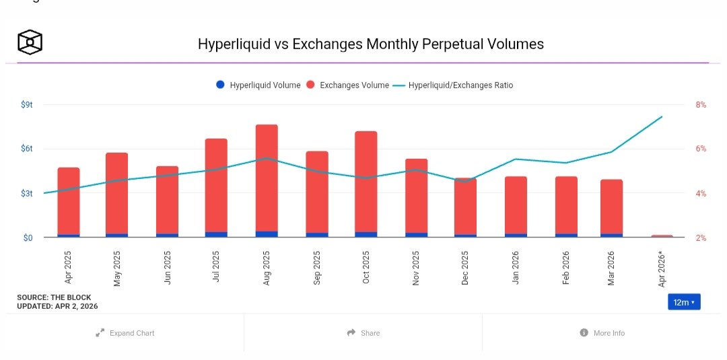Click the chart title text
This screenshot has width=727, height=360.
pos(370,44)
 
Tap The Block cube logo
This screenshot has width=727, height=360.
pos(30,43)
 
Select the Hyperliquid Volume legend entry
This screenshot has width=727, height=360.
pos(258,85)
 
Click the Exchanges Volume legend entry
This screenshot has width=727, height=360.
pos(347,85)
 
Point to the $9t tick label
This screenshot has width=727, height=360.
pos(27,105)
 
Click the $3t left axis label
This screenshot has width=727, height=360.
pos(27,194)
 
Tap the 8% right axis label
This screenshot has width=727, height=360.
pos(701,105)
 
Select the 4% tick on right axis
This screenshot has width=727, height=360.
pos(701,194)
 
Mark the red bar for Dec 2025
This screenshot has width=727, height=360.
pos(465,205)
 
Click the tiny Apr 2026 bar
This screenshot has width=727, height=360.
pos(662,236)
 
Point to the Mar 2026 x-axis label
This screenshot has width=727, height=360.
pos(611,268)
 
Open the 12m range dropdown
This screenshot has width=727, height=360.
pos(684,302)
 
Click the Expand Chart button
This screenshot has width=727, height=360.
pos(125,333)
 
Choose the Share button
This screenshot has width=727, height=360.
pos(363,333)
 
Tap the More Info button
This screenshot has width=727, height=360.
pos(602,333)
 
